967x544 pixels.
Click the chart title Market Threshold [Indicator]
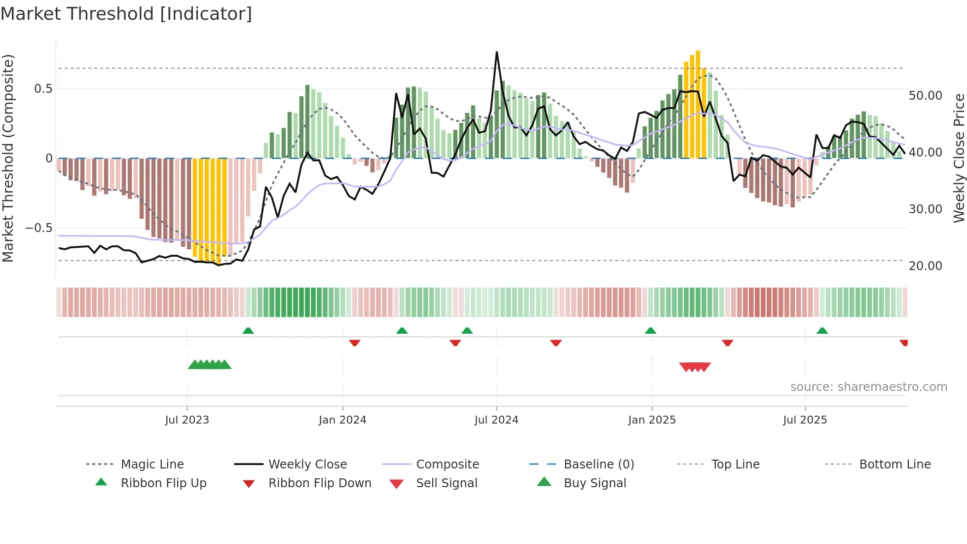pyautogui.click(x=126, y=14)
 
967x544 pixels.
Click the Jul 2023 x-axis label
pyautogui.click(x=187, y=420)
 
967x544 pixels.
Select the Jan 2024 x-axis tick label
pyautogui.click(x=342, y=420)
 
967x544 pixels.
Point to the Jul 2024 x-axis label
pyautogui.click(x=496, y=420)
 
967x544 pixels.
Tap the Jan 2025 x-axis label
pyautogui.click(x=652, y=420)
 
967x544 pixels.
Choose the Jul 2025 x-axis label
pyautogui.click(x=805, y=420)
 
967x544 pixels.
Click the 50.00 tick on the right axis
pyautogui.click(x=925, y=96)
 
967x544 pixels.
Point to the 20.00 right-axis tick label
pyautogui.click(x=925, y=266)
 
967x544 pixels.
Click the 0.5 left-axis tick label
pyautogui.click(x=43, y=89)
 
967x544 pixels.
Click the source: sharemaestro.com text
pyautogui.click(x=868, y=387)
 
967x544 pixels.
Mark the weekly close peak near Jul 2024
pyautogui.click(x=497, y=52)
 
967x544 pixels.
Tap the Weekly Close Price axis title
pyautogui.click(x=959, y=158)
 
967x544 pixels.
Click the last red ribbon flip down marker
pyautogui.click(x=904, y=343)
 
